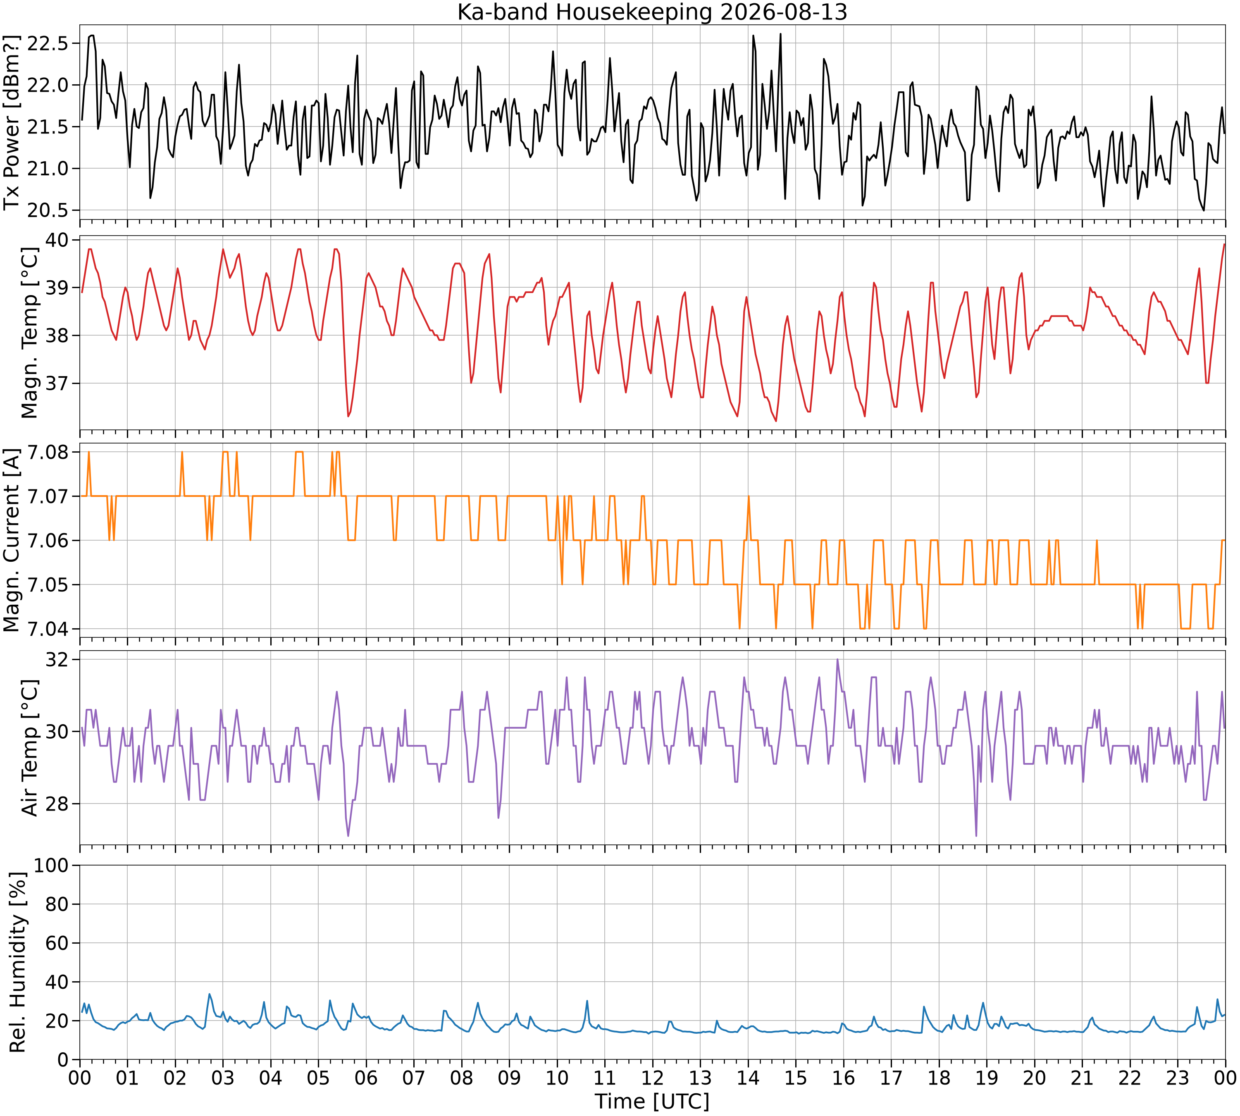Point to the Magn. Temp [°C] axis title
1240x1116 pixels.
(x=29, y=333)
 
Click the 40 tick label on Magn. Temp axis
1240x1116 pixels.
(x=60, y=240)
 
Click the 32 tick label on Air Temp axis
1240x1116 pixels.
(x=60, y=660)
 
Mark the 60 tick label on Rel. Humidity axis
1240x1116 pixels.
(x=60, y=943)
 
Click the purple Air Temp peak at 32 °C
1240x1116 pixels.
(x=837, y=660)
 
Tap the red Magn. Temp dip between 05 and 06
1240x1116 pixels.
(x=348, y=416)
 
